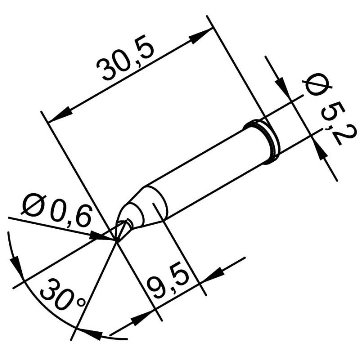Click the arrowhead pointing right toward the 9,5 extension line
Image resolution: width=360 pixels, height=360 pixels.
142,316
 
